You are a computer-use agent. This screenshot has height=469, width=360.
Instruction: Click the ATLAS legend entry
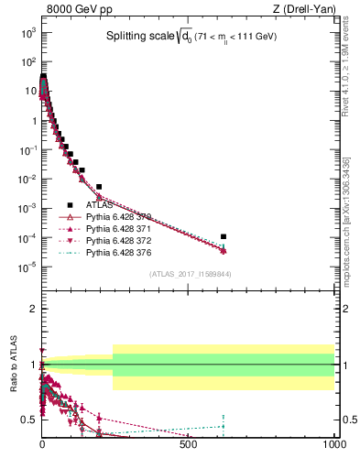click(100, 205)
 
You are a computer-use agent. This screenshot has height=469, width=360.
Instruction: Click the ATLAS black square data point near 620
click(224, 236)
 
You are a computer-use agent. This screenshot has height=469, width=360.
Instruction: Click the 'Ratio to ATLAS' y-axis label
click(14, 364)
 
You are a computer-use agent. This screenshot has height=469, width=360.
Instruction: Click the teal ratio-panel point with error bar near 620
click(224, 425)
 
